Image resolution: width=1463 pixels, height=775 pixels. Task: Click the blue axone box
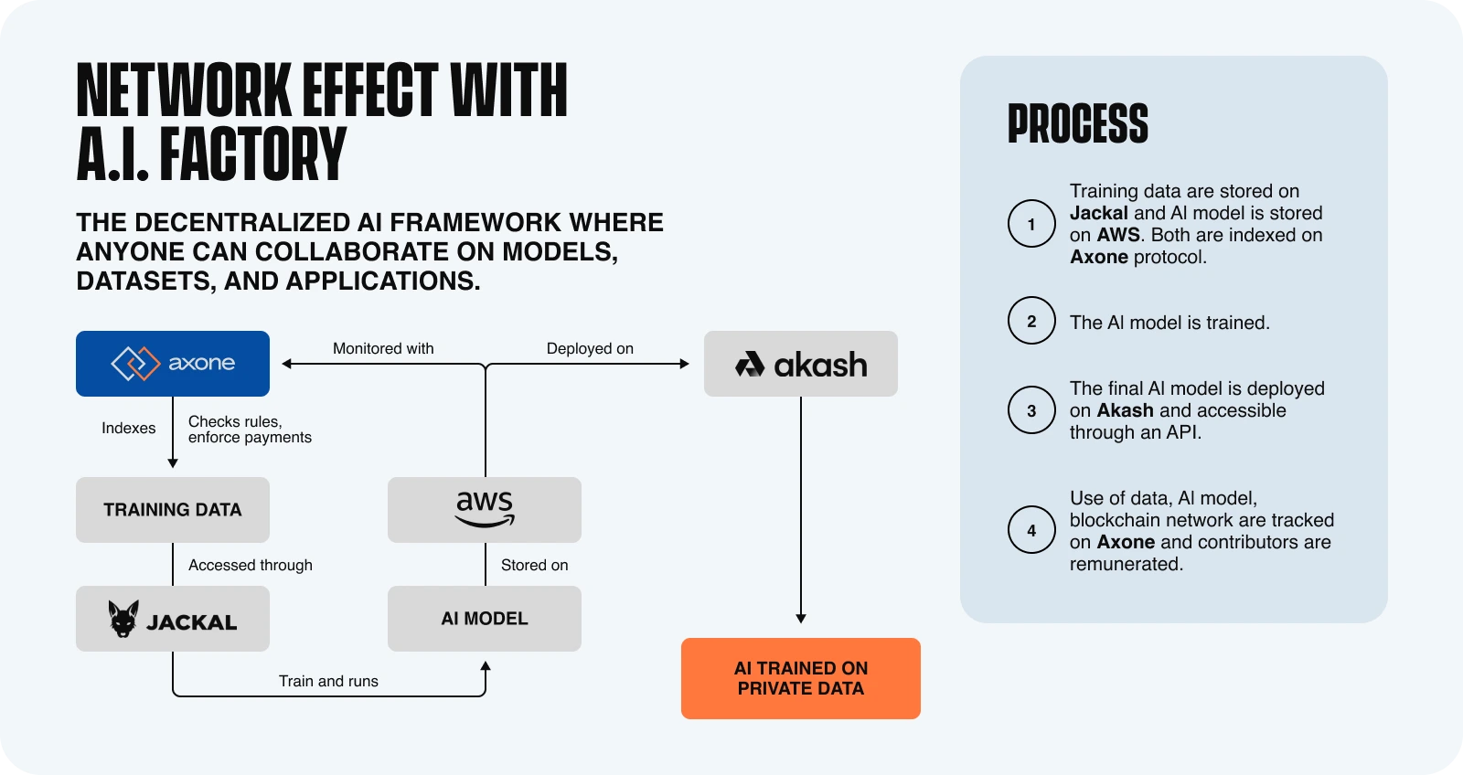coord(173,364)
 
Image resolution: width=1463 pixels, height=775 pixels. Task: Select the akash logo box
coord(801,364)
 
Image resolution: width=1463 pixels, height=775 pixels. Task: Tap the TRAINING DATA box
coord(173,510)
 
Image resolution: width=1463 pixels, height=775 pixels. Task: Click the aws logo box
coord(485,510)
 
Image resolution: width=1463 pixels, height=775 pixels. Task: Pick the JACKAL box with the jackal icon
coord(173,619)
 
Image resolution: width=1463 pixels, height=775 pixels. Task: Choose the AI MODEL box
coord(485,619)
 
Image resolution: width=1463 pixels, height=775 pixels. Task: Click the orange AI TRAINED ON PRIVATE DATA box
coord(801,678)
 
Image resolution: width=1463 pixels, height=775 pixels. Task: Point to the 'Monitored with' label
coord(383,348)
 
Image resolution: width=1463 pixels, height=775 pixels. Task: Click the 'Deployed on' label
coord(590,348)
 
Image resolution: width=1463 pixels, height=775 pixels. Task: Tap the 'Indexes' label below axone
coord(129,428)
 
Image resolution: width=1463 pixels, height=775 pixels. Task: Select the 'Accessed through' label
coord(251,565)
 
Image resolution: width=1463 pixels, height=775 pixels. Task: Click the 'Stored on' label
coord(535,565)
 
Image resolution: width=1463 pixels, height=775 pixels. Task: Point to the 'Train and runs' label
coord(328,681)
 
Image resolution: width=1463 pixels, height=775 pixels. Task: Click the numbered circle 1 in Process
coord(1031,224)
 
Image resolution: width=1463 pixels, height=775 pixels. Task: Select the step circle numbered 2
coord(1031,321)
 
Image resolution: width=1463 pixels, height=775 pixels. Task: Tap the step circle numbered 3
coord(1031,410)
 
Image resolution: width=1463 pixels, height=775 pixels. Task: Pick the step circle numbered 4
coord(1031,530)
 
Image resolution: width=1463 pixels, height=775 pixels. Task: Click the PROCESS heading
coord(1078,124)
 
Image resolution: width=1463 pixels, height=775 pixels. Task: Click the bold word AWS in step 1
coord(1118,235)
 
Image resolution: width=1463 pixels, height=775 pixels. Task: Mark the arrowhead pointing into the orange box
coord(801,619)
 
